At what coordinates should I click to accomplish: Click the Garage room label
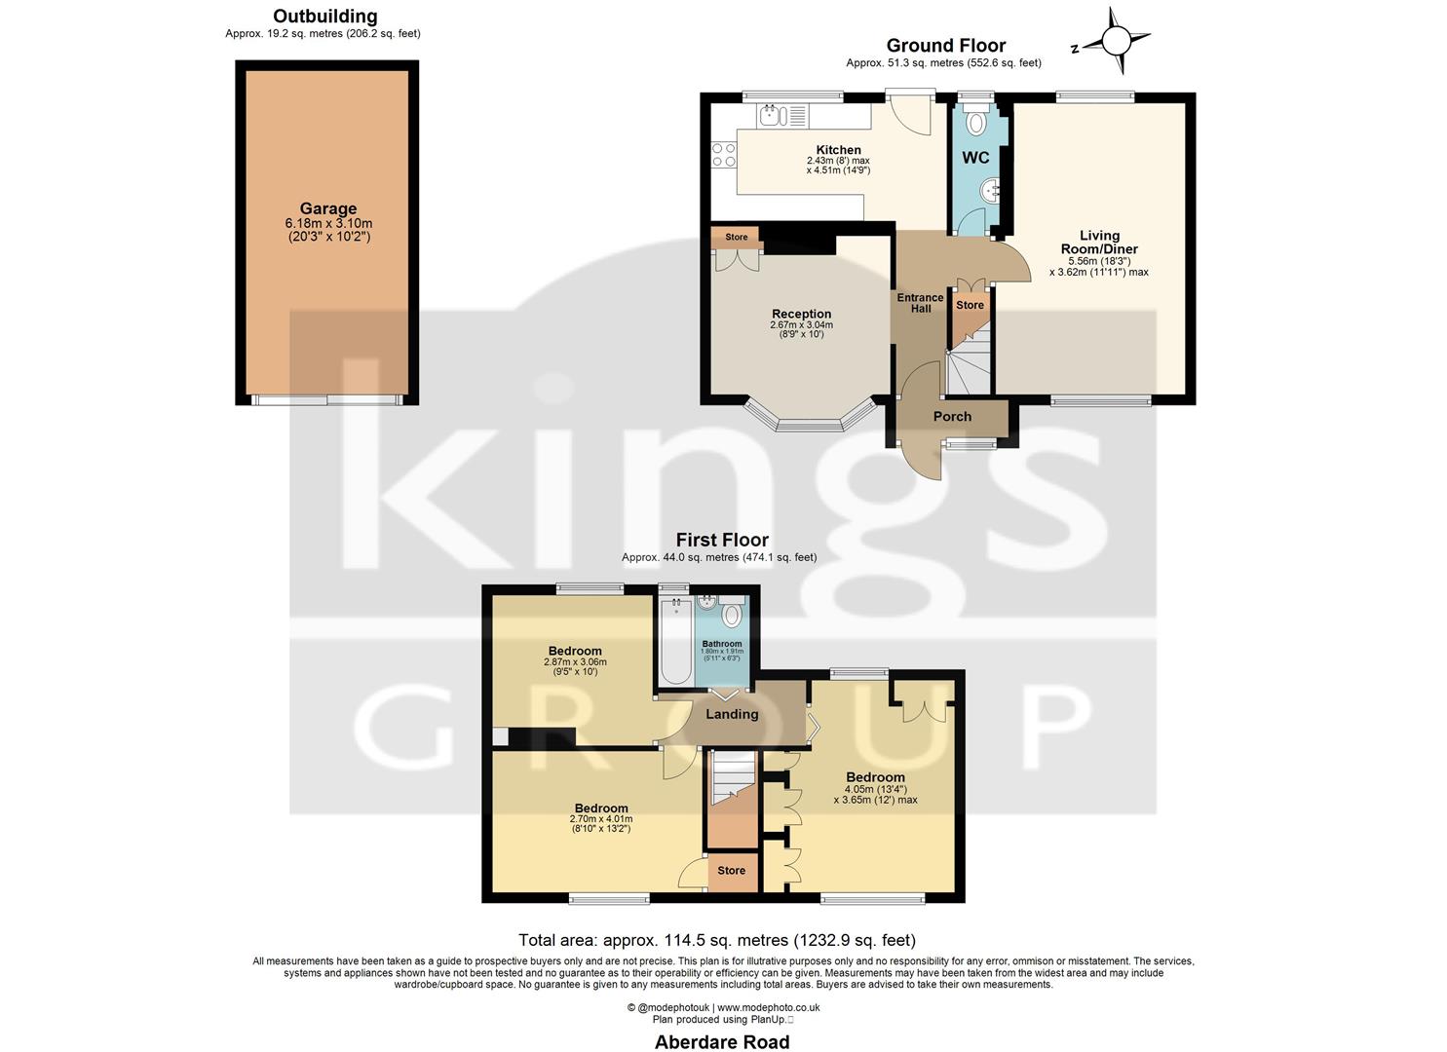(327, 208)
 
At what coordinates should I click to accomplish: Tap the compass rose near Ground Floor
(1115, 41)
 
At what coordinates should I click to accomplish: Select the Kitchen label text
(838, 150)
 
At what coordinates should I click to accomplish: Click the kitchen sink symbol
(775, 116)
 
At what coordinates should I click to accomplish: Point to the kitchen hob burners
(724, 155)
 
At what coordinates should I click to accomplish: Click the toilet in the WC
(973, 123)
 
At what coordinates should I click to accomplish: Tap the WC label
(975, 158)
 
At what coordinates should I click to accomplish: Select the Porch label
(952, 417)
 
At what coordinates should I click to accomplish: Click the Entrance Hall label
(920, 303)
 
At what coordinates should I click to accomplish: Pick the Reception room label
(801, 314)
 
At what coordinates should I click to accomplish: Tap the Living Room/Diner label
(1099, 243)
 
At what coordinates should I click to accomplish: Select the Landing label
(731, 714)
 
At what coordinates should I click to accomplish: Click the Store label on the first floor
(731, 871)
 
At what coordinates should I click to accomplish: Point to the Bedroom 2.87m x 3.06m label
(575, 651)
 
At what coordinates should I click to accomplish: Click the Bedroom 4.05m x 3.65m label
(875, 777)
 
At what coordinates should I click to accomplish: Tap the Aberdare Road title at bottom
(722, 1041)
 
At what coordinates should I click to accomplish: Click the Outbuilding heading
(324, 17)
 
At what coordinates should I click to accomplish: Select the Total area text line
(716, 940)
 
